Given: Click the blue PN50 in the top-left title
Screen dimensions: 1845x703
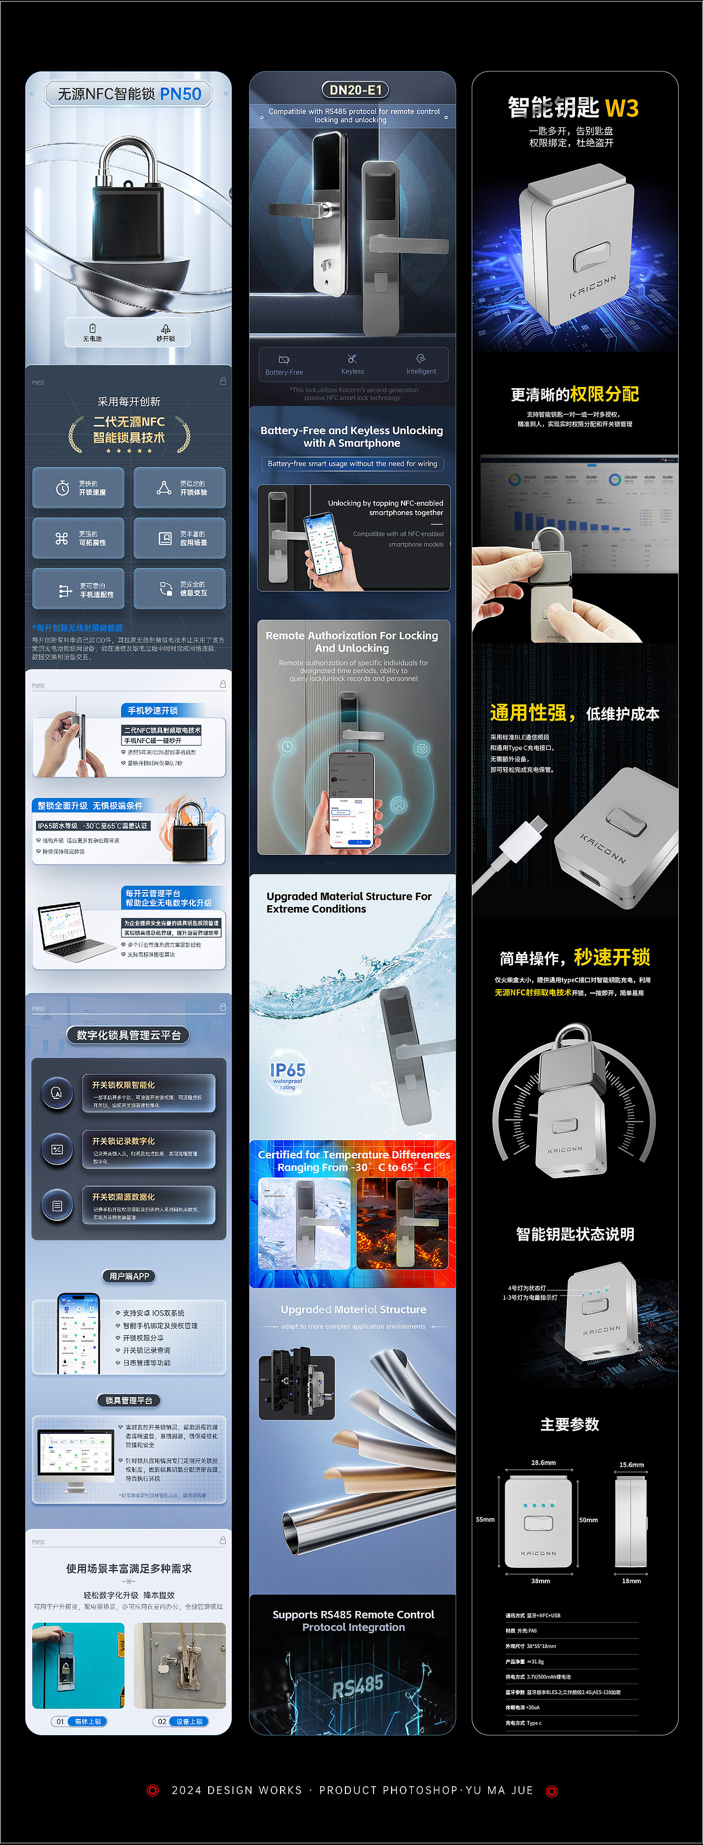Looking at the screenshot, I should (x=181, y=94).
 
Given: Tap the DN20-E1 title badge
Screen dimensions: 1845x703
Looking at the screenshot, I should (x=355, y=89).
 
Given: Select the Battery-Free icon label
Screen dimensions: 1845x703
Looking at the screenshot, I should (x=284, y=372).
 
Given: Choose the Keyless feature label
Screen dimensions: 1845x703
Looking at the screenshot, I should (x=353, y=371).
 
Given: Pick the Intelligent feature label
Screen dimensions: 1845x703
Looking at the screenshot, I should (x=421, y=371).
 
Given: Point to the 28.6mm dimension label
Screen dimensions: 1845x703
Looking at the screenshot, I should (x=543, y=1462).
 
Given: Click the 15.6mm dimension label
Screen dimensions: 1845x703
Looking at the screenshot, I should (x=632, y=1465).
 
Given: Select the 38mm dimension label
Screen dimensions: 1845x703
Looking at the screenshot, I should (x=540, y=1581).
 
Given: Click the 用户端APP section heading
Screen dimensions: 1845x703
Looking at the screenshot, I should (x=129, y=1276).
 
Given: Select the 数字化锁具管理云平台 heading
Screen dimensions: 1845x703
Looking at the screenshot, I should (x=129, y=1035).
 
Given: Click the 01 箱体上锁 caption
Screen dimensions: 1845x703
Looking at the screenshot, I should (x=80, y=1721).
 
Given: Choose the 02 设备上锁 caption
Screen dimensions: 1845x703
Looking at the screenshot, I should (x=181, y=1721).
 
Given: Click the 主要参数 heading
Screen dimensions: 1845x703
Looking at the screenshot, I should (x=570, y=1424).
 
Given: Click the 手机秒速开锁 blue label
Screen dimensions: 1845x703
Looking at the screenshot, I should (x=153, y=710).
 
